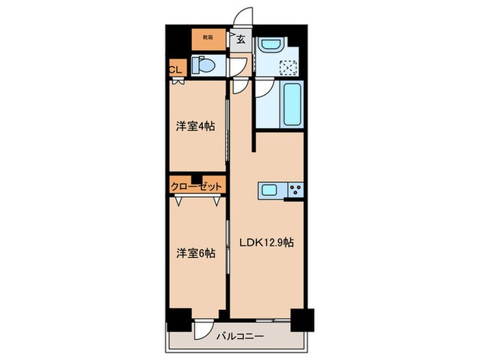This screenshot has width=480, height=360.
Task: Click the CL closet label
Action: tap(176, 69)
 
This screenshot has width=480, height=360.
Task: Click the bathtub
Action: tap(291, 103)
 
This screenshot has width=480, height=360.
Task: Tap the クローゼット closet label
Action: tap(197, 186)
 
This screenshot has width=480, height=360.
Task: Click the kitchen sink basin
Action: tap(269, 190)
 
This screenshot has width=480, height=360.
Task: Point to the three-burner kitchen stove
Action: tap(296, 190)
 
